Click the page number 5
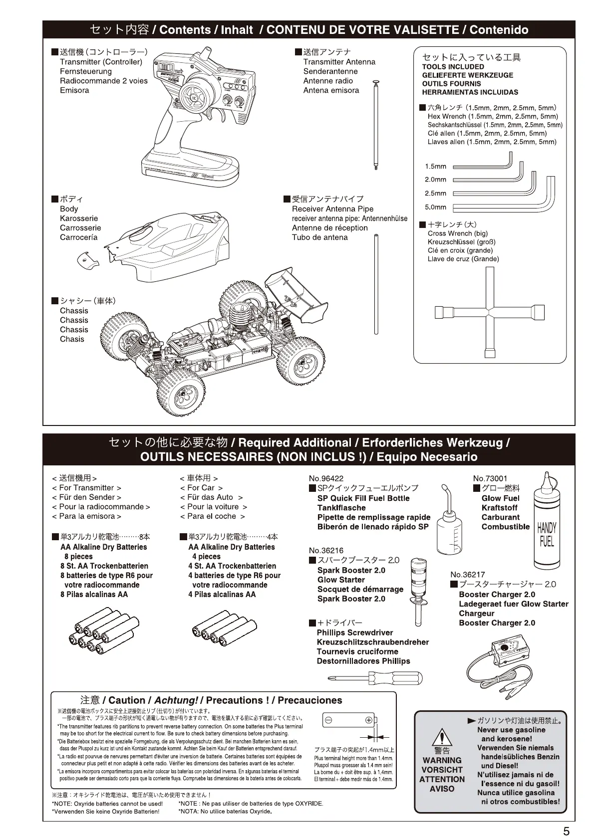[x=566, y=831]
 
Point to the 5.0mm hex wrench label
[x=435, y=207]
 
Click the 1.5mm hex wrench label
[x=435, y=167]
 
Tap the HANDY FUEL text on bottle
[x=547, y=535]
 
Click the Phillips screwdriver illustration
[x=375, y=677]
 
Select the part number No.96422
[x=326, y=478]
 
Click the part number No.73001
[x=490, y=478]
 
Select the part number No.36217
[x=467, y=575]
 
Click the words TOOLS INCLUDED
[x=453, y=67]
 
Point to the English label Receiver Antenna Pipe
[x=332, y=209]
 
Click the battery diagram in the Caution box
[x=348, y=720]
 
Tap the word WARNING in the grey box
[x=442, y=760]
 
